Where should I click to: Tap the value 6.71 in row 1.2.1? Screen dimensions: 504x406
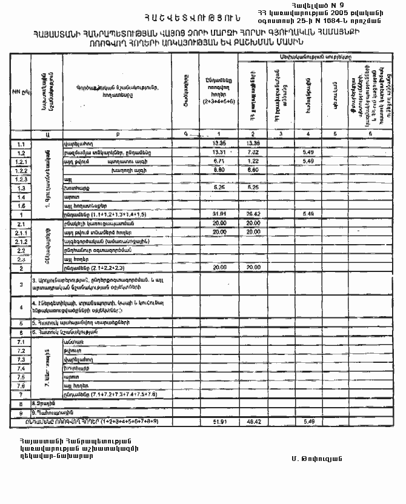[x=219, y=161]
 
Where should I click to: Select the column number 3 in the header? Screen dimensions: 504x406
[x=281, y=133]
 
